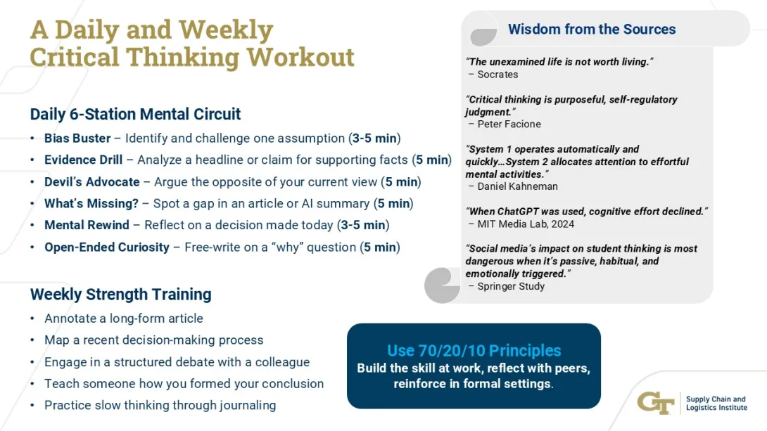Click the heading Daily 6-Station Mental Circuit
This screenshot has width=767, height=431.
pyautogui.click(x=135, y=114)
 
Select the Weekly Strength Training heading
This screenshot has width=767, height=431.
pyautogui.click(x=120, y=294)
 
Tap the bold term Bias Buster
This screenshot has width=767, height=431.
pyautogui.click(x=77, y=138)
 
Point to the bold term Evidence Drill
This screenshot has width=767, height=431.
pyautogui.click(x=83, y=160)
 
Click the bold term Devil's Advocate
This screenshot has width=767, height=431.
pyautogui.click(x=91, y=181)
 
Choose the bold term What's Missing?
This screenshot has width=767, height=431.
pyautogui.click(x=91, y=203)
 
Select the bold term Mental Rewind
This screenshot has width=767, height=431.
pyautogui.click(x=87, y=225)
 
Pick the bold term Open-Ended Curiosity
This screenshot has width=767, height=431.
pyautogui.click(x=107, y=247)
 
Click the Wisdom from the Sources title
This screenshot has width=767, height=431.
pyautogui.click(x=592, y=30)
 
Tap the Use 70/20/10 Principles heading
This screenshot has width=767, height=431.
pyautogui.click(x=474, y=350)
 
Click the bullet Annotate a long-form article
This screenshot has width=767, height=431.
pyautogui.click(x=124, y=318)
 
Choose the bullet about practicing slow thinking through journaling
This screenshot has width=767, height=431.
pyautogui.click(x=160, y=405)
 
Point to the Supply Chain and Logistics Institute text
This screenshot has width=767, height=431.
pyautogui.click(x=716, y=404)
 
